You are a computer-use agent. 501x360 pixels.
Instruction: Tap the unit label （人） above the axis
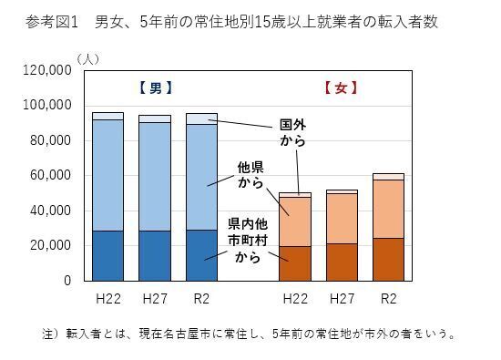point(89,57)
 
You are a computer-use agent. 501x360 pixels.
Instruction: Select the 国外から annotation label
point(292,133)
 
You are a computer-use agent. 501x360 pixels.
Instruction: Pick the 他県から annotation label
point(250,175)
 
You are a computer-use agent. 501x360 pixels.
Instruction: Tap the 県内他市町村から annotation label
point(248,239)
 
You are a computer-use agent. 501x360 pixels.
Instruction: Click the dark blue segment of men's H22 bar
point(107,256)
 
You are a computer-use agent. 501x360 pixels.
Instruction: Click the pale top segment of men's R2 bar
point(201,118)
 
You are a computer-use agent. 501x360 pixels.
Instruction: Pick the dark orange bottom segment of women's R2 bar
point(389,260)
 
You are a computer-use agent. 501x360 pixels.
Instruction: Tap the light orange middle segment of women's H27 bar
point(342,219)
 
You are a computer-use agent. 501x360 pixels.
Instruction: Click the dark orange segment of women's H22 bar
point(295,263)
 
